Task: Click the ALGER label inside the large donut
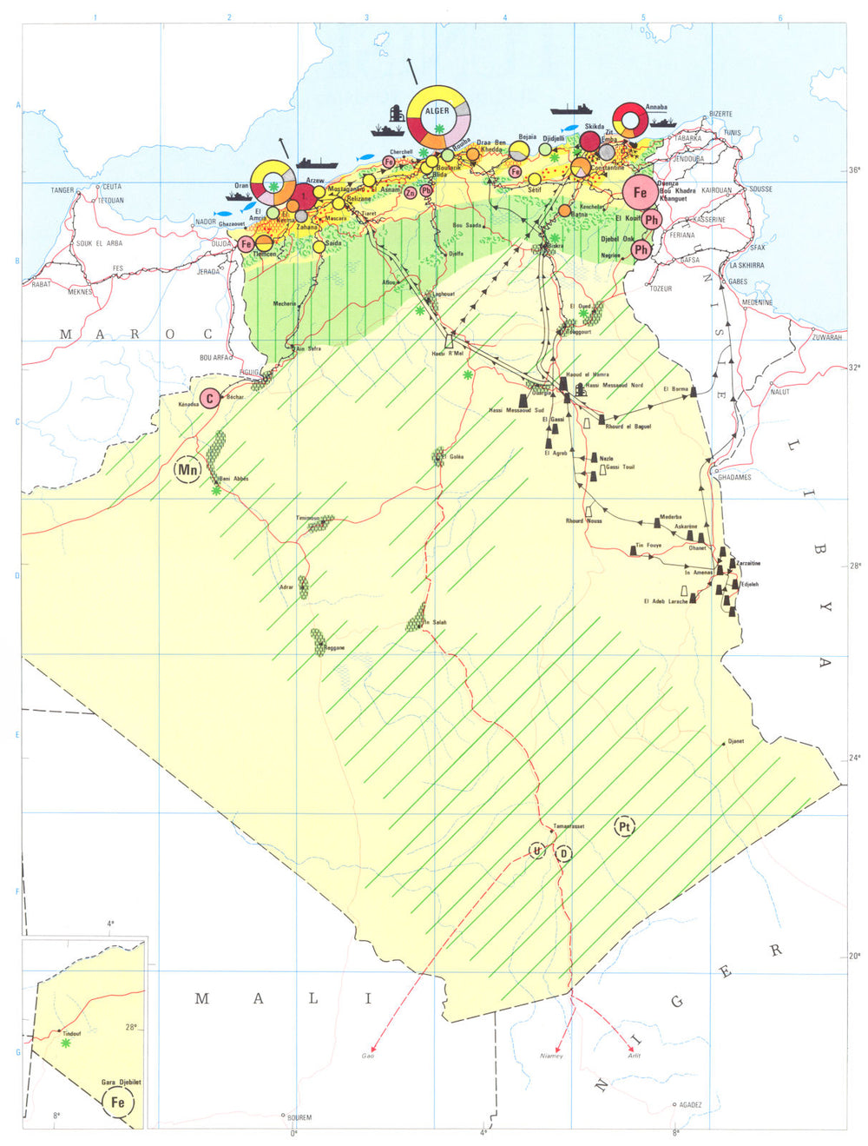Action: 437,111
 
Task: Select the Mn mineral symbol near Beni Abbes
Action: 187,470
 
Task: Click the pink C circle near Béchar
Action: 208,399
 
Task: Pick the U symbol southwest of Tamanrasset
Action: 538,851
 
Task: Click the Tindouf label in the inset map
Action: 72,1034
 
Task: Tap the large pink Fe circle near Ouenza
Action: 640,193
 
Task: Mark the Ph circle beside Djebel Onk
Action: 641,250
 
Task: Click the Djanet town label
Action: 735,741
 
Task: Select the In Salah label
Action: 434,622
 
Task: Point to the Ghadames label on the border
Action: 734,477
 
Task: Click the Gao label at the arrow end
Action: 368,1056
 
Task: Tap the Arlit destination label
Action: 635,1056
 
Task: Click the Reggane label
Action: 334,648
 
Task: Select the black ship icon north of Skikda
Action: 571,109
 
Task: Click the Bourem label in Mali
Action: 299,1117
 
